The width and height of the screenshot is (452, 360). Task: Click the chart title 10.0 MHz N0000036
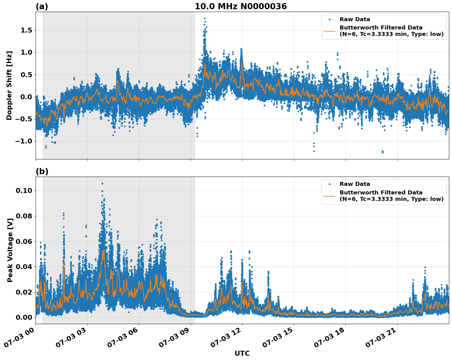(x=240, y=6)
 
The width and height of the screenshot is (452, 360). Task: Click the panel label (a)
(x=42, y=6)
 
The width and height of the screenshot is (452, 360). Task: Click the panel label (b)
(x=42, y=171)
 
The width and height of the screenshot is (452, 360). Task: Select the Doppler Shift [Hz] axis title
(x=9, y=85)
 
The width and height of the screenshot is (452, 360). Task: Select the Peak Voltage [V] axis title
(x=10, y=250)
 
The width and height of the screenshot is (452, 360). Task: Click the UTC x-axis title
(x=242, y=353)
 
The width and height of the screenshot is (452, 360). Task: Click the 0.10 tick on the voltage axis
(x=24, y=190)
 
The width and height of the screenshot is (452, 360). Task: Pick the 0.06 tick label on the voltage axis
(x=24, y=241)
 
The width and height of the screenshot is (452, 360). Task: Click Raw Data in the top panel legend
(x=355, y=19)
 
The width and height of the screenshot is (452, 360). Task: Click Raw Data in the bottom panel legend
(x=355, y=184)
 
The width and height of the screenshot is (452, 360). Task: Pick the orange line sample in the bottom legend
(x=329, y=196)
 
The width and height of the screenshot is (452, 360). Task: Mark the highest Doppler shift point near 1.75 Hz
(x=205, y=19)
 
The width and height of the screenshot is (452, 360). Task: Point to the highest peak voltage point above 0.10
(x=102, y=183)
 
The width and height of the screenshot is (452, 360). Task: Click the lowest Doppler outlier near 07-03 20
(x=383, y=152)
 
